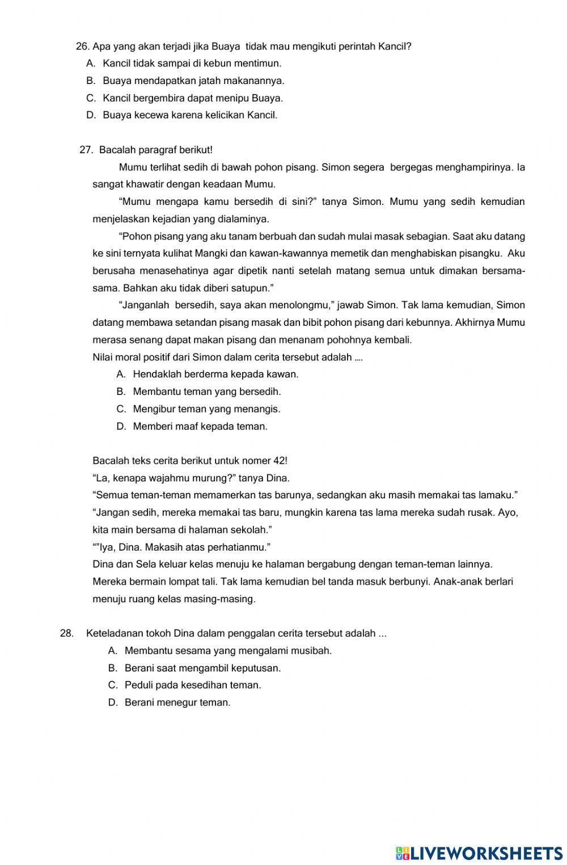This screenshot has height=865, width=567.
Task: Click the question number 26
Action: pyautogui.click(x=82, y=47)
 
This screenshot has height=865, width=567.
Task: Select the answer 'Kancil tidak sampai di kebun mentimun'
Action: pyautogui.click(x=192, y=64)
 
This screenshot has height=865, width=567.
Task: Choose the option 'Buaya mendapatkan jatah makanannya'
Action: pyautogui.click(x=193, y=81)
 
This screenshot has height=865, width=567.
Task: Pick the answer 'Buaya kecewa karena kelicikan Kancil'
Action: pyautogui.click(x=190, y=115)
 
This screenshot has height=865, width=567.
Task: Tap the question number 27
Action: pyautogui.click(x=86, y=150)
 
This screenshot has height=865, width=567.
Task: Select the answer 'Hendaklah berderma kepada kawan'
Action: pyautogui.click(x=215, y=374)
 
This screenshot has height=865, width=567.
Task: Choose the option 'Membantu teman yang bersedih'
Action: pyautogui.click(x=207, y=392)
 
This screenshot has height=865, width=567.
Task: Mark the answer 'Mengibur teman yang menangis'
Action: pyautogui.click(x=206, y=409)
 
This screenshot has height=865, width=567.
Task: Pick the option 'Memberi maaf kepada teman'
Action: pyautogui.click(x=200, y=426)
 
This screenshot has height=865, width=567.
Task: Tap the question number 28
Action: pyautogui.click(x=66, y=633)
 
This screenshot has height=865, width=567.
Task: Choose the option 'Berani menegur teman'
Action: pyautogui.click(x=177, y=703)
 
